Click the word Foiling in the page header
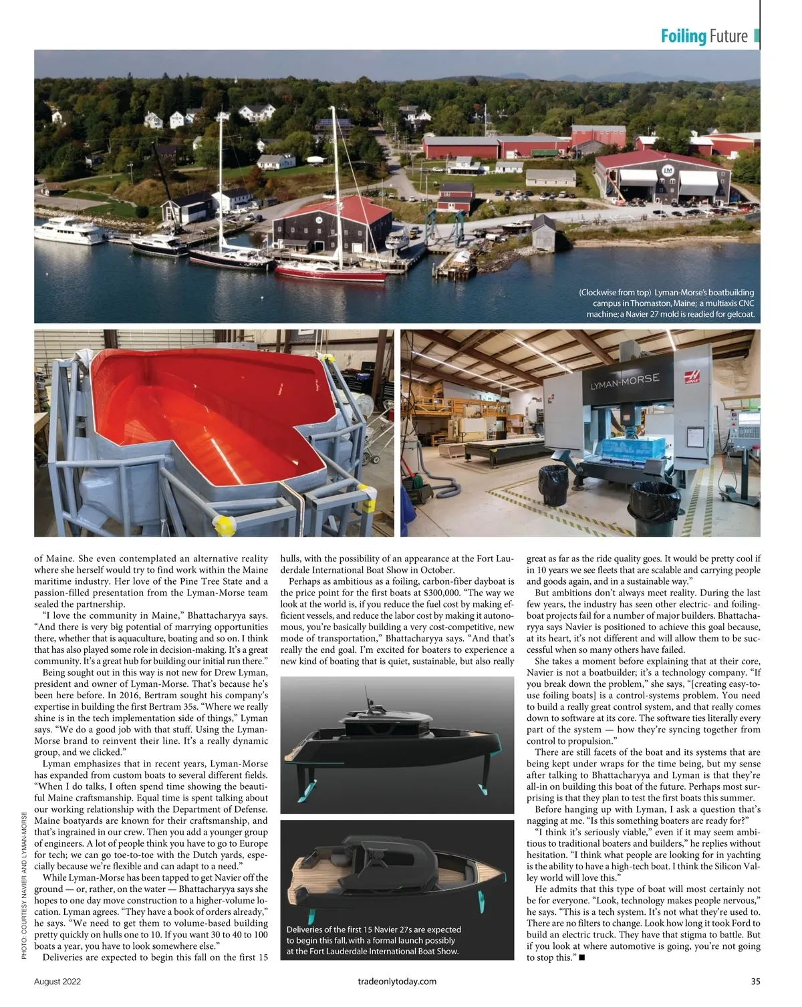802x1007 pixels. [x=683, y=36]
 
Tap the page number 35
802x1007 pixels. [x=755, y=982]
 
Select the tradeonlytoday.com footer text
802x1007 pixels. [x=397, y=982]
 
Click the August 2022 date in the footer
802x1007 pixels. [x=58, y=982]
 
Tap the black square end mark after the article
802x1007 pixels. [x=582, y=958]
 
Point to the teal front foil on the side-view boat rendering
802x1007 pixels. [x=306, y=791]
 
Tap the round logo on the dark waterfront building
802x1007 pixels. [x=319, y=219]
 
